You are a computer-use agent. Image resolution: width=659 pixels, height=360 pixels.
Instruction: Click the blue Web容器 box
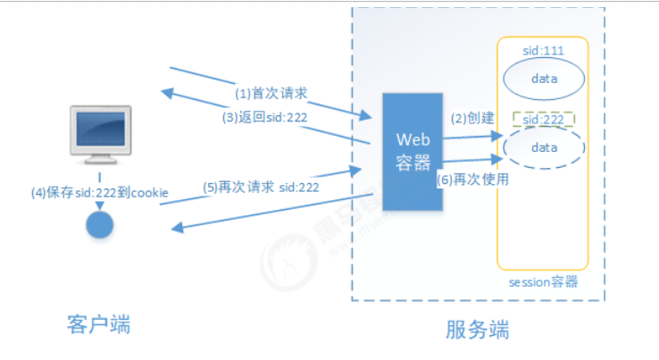[413, 151]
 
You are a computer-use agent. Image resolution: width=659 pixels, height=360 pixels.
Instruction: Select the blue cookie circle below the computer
[100, 223]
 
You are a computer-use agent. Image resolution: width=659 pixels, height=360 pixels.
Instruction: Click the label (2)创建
[471, 119]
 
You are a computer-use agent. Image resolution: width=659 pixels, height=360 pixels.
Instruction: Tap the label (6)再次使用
[473, 179]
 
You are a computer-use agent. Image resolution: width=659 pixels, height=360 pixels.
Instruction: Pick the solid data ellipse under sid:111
[544, 79]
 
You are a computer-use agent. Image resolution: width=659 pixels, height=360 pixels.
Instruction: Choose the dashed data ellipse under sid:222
[544, 147]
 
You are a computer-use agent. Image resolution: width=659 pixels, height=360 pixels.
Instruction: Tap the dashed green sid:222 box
[543, 119]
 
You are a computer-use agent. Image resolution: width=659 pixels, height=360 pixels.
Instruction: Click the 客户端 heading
[98, 325]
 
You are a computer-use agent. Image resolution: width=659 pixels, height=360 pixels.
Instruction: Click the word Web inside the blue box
[413, 140]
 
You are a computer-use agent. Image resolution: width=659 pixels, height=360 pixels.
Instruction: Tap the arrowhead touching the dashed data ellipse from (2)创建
[498, 136]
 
